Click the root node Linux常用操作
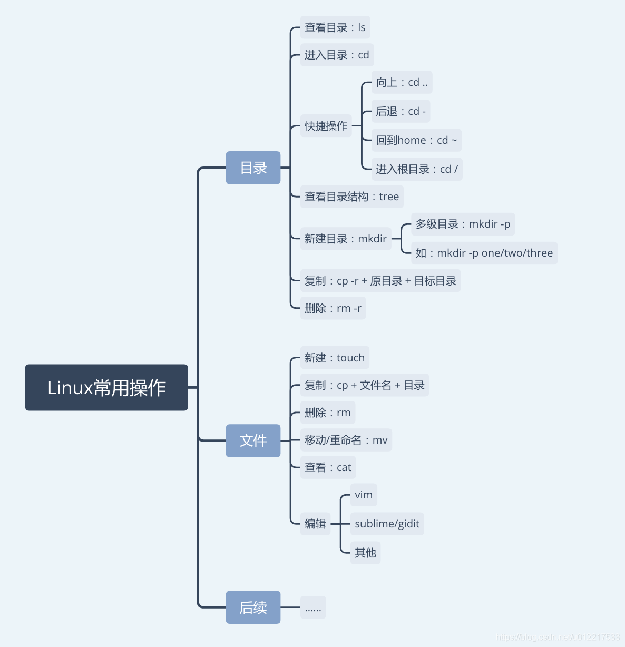coord(106,387)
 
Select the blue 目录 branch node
coord(253,168)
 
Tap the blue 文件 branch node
coord(253,440)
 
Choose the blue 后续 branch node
coord(253,607)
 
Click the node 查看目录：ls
coord(335,27)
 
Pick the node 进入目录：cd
coord(337,55)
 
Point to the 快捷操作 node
coord(326,126)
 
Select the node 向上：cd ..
coord(402,82)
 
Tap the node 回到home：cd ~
coord(416,140)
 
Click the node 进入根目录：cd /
coord(417,169)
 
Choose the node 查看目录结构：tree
coord(351,197)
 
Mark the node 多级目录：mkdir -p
coord(463,224)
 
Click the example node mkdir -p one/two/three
coord(484,253)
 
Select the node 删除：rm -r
coord(333,308)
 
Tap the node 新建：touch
coord(335,358)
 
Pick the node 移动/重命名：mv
coord(346,440)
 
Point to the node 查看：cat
coord(328,467)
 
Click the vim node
coord(364,495)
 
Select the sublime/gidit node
coord(387,524)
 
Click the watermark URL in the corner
coord(558,637)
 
